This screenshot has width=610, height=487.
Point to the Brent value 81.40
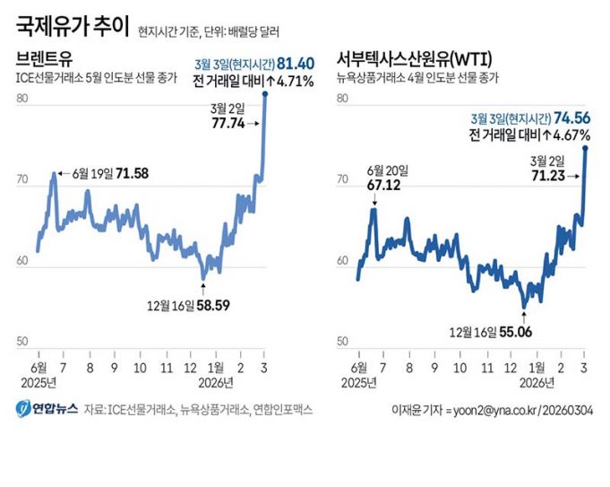(296, 64)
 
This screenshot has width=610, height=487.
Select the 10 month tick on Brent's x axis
(139, 368)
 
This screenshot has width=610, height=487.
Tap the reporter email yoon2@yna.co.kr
(498, 410)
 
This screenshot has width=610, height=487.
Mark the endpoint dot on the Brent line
(266, 94)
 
